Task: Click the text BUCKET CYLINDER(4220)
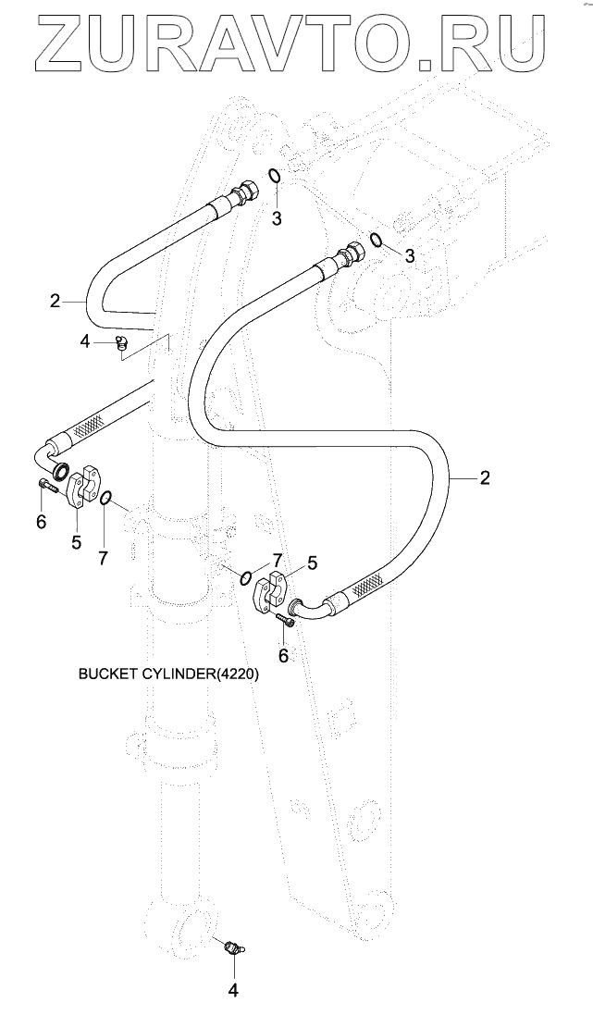pos(168,674)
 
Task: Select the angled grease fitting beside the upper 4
pos(122,344)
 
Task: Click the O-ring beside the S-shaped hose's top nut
pos(376,241)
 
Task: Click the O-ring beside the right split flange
pos(246,577)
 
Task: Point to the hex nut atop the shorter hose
pos(248,190)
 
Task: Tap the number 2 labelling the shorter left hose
pos(55,302)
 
